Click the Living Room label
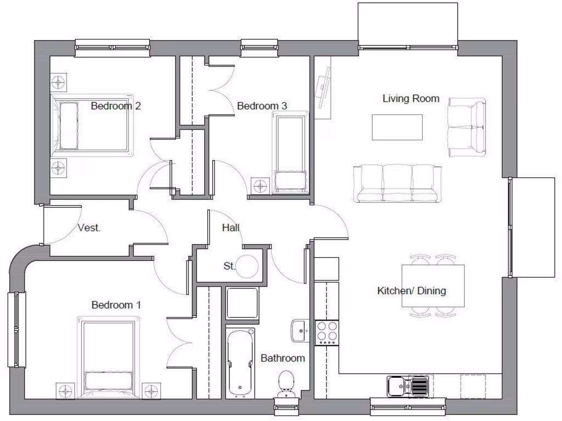[x=411, y=99]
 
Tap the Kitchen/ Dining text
[x=411, y=291]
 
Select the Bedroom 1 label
[x=116, y=305]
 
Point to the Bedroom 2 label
[x=116, y=106]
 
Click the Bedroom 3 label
[x=262, y=106]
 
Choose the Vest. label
[x=89, y=228]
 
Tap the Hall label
[x=231, y=227]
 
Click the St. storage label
[x=229, y=266]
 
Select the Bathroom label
[x=282, y=358]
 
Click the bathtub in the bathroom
[x=240, y=362]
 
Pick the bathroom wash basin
[x=300, y=331]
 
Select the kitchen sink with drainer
[x=408, y=386]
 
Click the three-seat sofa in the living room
[x=397, y=183]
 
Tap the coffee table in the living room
[x=397, y=127]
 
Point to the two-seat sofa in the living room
[x=467, y=127]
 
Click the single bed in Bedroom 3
[x=290, y=152]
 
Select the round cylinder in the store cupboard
[x=248, y=266]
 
